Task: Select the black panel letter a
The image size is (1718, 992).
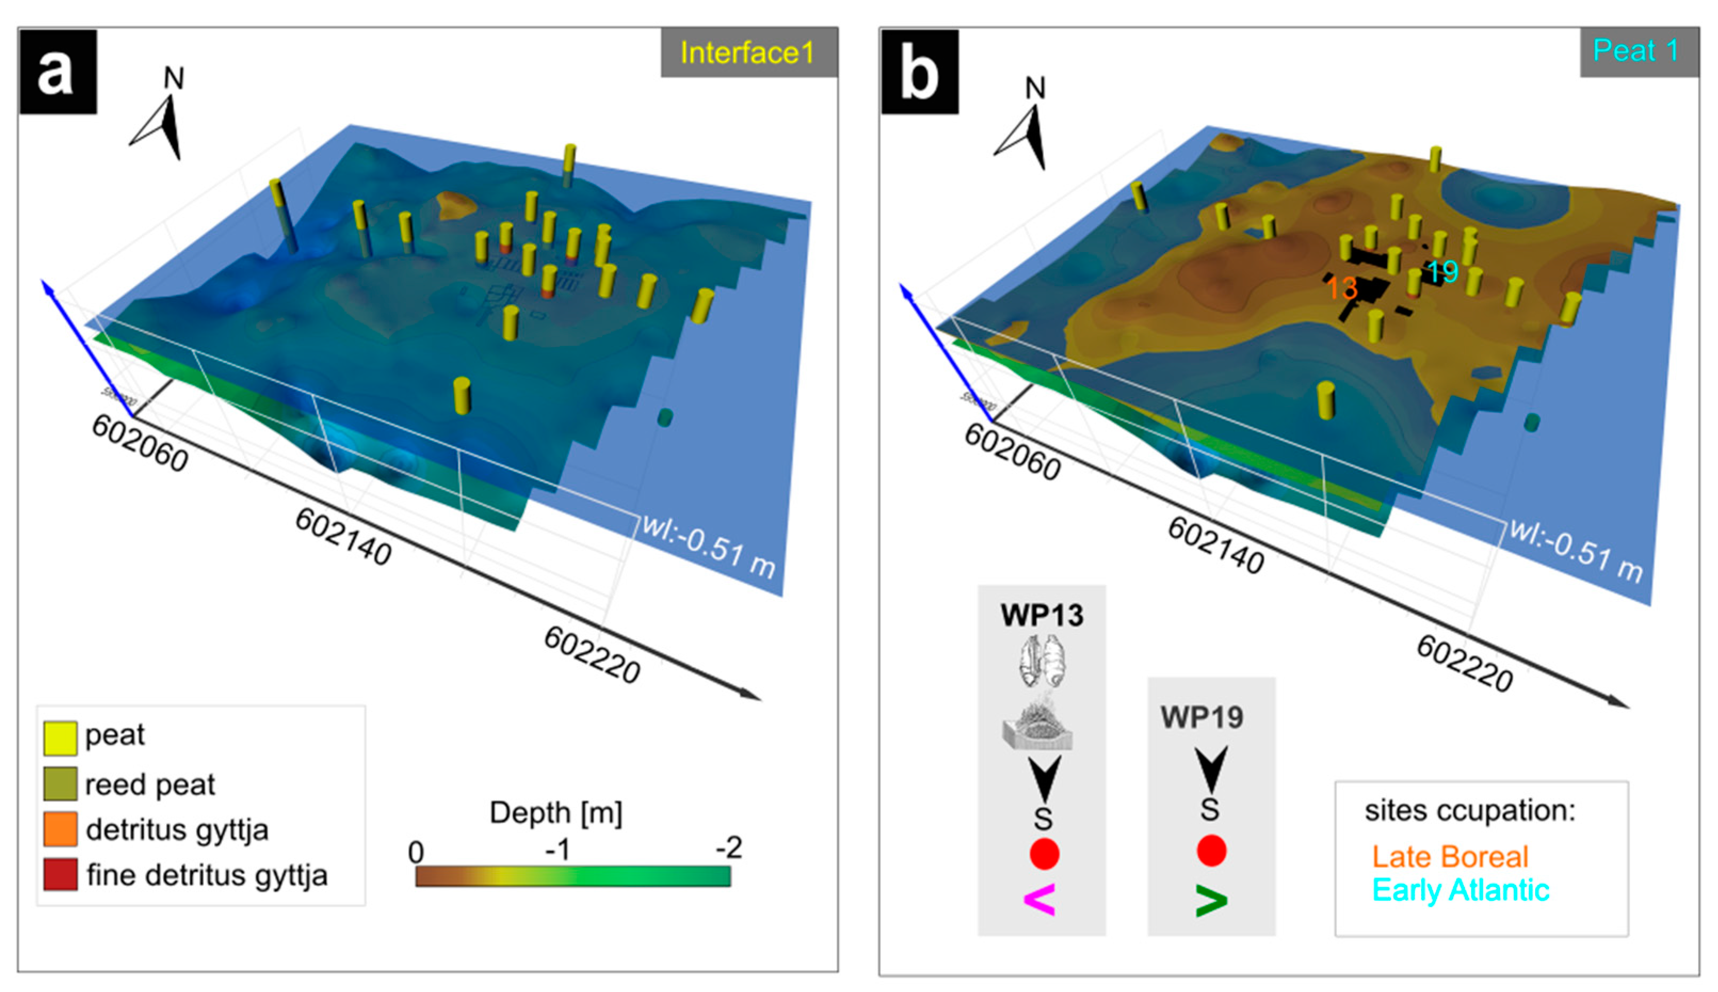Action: click(x=56, y=71)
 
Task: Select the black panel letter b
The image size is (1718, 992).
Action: click(x=919, y=71)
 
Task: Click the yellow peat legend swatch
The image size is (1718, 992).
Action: click(x=60, y=738)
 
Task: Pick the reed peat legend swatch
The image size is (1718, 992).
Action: click(x=60, y=784)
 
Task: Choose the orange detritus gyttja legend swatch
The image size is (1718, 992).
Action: click(x=60, y=829)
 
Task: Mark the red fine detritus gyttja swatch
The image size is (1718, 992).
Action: click(x=60, y=875)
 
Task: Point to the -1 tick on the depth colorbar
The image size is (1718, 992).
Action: click(x=559, y=850)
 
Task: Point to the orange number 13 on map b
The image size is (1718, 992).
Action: click(x=1341, y=288)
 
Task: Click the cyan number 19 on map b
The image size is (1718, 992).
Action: click(x=1442, y=272)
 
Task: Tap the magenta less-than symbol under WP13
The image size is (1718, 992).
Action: click(x=1040, y=899)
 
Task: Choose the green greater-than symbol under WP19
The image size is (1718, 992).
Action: click(x=1211, y=901)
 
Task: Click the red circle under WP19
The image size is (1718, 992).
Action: click(x=1211, y=851)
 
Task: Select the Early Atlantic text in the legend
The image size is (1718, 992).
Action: click(x=1461, y=890)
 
